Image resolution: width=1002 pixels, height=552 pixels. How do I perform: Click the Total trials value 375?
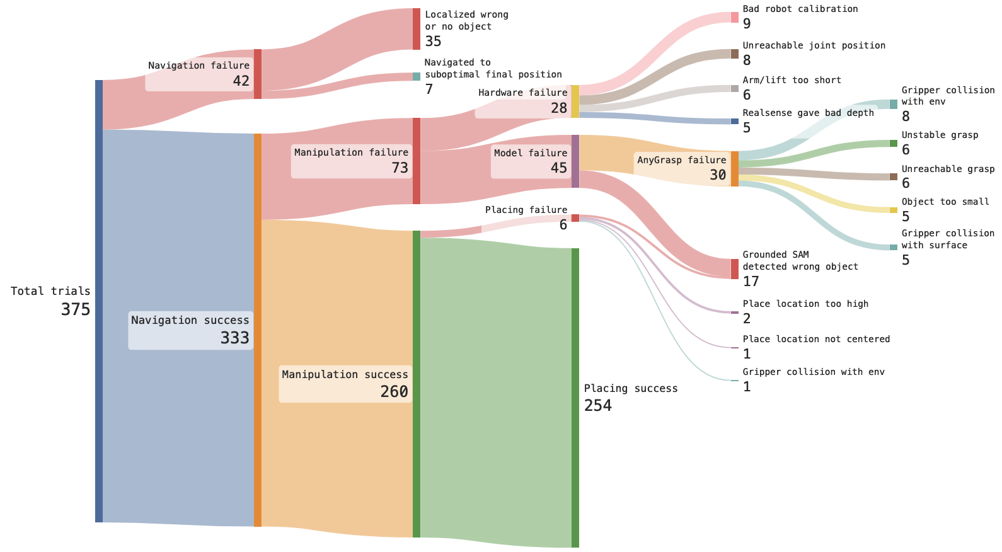click(76, 309)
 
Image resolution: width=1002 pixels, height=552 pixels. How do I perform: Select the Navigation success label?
click(190, 320)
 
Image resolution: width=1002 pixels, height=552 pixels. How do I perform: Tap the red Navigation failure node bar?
click(257, 74)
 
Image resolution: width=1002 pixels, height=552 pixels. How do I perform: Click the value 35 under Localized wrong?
click(433, 42)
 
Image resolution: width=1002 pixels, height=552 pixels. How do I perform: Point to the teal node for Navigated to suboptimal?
click(417, 77)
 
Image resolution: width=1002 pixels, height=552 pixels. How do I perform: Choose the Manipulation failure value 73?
click(400, 168)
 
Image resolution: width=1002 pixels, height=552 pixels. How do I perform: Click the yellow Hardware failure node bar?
click(575, 101)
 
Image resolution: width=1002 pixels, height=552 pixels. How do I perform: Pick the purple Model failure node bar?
click(575, 161)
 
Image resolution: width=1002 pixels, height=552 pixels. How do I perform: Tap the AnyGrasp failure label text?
click(681, 160)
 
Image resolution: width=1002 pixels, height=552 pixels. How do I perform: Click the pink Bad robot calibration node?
click(734, 17)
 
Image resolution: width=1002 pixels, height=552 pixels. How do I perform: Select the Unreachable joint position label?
click(814, 45)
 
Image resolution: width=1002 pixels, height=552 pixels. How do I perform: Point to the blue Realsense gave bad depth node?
click(734, 122)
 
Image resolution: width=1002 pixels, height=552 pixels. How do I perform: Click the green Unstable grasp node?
click(893, 144)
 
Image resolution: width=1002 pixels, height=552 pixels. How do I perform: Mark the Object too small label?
click(945, 202)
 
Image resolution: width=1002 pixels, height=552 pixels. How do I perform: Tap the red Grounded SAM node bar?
click(734, 269)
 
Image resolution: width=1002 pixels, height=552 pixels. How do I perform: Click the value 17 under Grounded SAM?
click(751, 281)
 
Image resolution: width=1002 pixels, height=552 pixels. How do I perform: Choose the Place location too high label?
click(805, 304)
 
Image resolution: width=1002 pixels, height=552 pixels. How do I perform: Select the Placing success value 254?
click(597, 405)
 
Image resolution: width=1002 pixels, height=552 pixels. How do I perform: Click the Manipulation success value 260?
click(394, 391)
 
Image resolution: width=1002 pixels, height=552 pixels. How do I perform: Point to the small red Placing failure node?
click(575, 218)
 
